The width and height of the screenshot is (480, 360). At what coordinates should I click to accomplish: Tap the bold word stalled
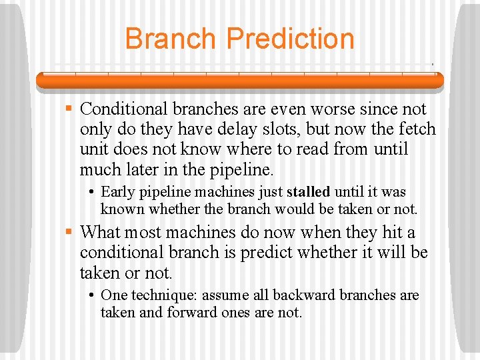coord(308,192)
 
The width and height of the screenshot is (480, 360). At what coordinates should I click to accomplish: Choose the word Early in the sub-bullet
coord(117,192)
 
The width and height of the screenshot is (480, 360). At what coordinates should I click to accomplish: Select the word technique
coord(161,295)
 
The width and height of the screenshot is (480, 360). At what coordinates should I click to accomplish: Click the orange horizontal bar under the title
coord(239,81)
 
